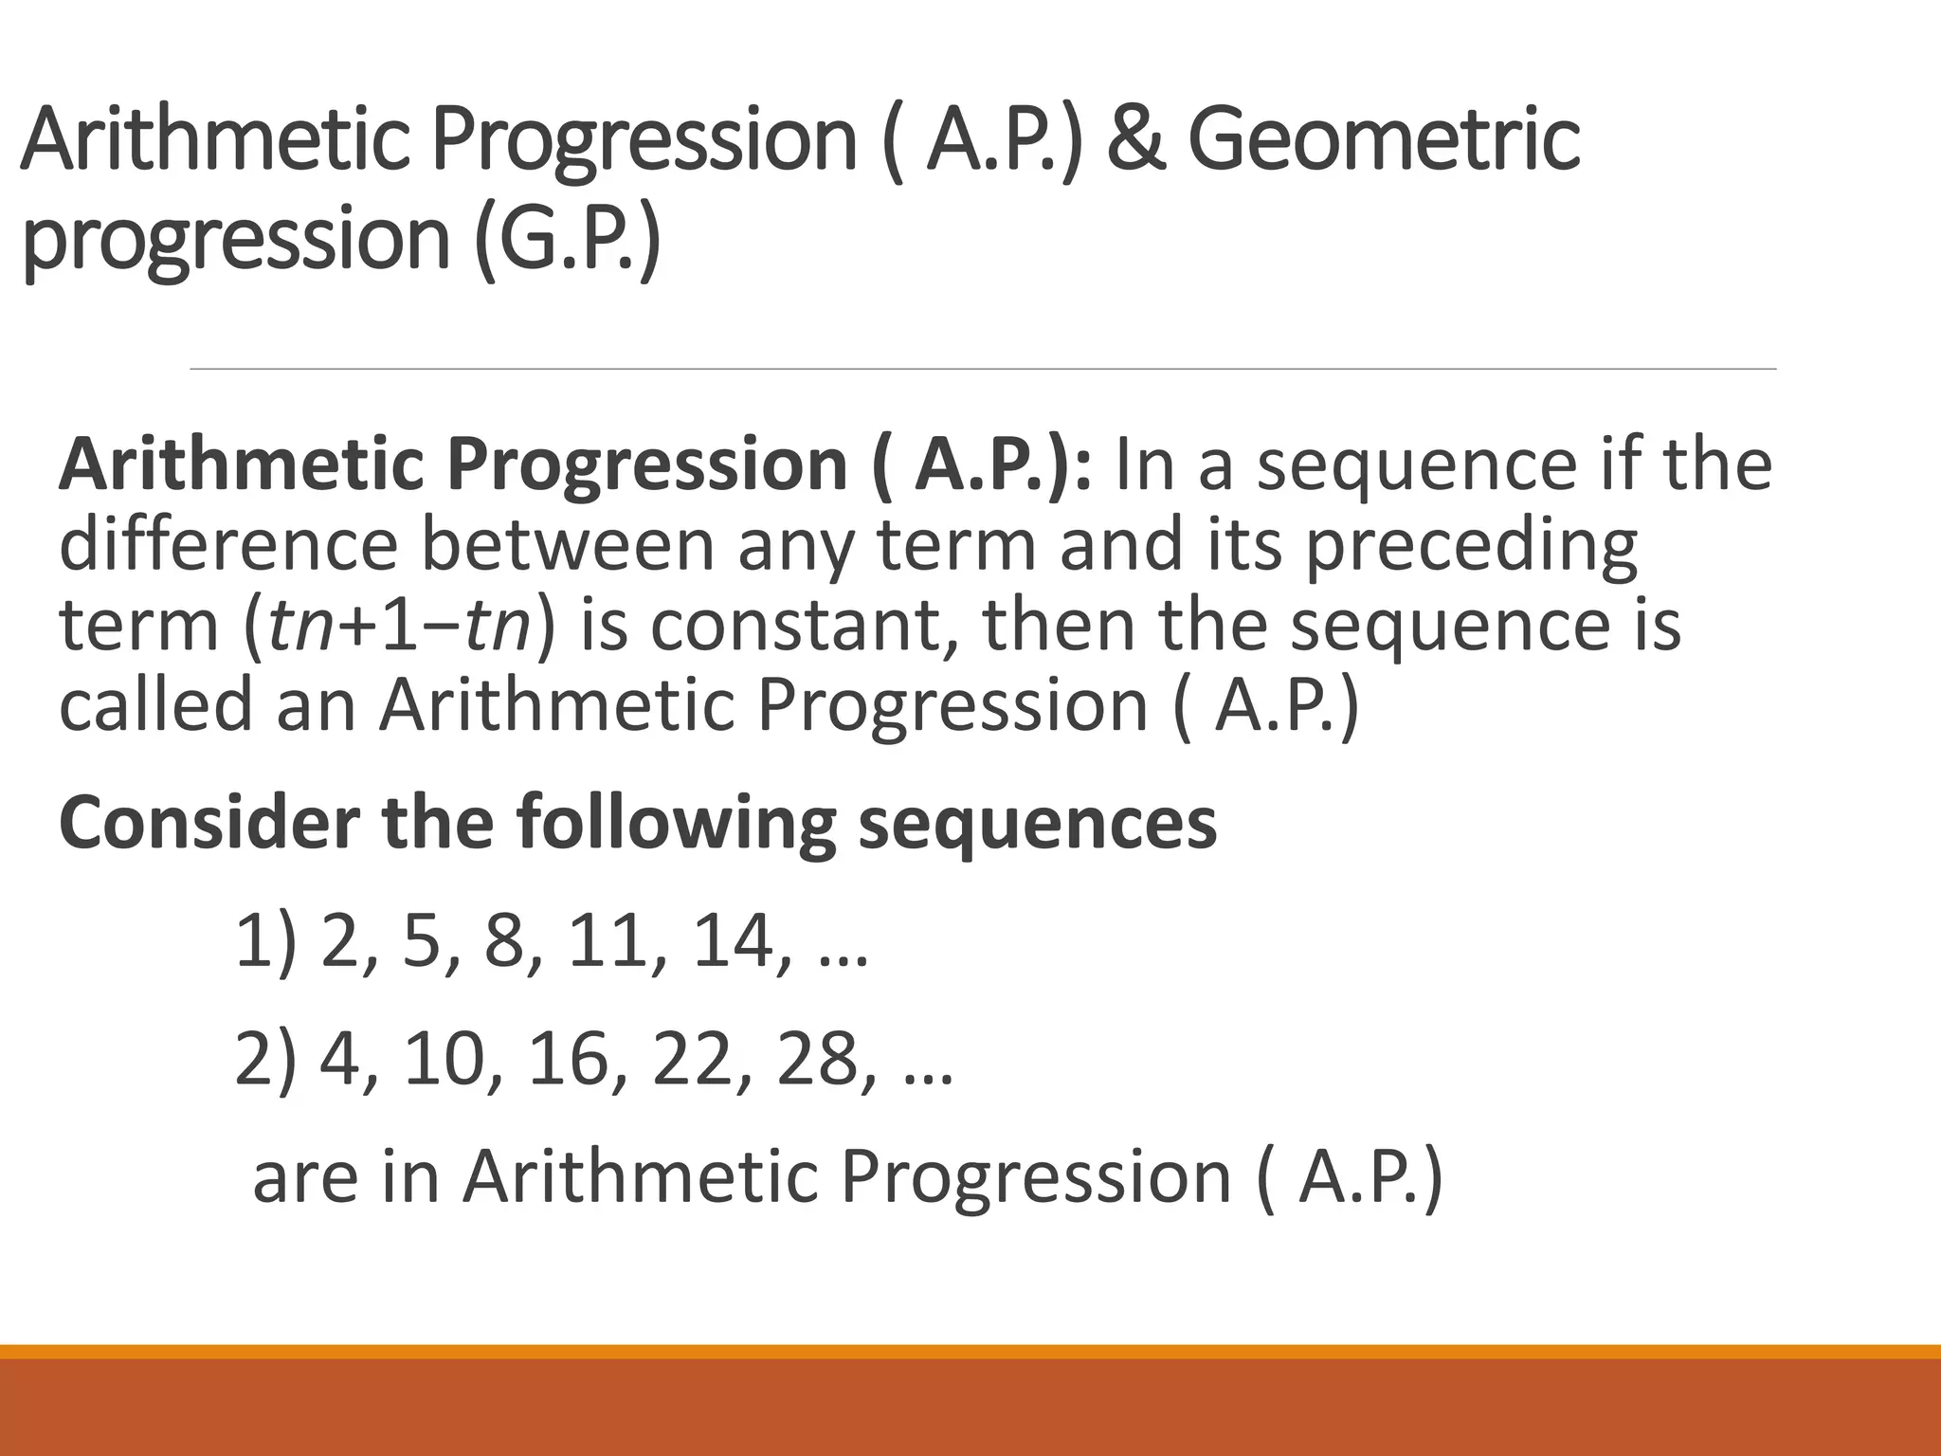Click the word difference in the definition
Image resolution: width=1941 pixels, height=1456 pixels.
227,544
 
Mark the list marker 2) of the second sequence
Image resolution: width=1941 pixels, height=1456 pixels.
264,1059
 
